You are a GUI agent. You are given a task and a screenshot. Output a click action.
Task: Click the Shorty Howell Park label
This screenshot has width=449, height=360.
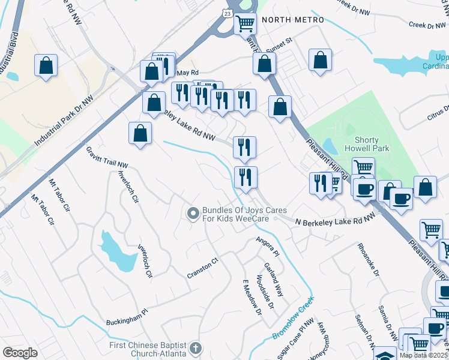tap(367, 144)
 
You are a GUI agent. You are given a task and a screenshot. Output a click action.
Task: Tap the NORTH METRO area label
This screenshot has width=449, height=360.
tap(292, 20)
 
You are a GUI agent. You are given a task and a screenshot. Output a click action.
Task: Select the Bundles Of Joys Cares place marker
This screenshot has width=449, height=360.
tap(193, 213)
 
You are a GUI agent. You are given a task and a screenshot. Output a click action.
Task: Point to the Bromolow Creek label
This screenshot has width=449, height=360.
tap(294, 318)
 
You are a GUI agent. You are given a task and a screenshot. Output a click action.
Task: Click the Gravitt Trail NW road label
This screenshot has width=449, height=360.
tap(107, 156)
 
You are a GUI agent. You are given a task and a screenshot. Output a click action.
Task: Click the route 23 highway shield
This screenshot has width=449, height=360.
tap(228, 13)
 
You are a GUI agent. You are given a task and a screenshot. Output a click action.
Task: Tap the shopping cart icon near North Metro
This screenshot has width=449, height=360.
tap(245, 24)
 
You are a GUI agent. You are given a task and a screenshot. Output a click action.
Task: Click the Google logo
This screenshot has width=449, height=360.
tap(20, 353)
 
